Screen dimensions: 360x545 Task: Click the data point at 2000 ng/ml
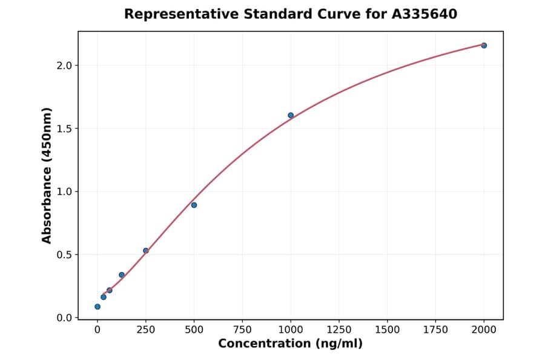[484, 45]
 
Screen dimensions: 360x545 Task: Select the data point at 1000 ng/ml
[291, 115]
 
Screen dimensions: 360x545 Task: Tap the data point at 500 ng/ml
[194, 205]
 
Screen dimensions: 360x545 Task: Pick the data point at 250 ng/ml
[145, 250]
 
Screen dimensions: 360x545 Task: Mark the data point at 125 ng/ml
[122, 275]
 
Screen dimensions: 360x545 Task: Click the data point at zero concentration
[97, 307]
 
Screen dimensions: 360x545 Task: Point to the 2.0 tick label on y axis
[64, 65]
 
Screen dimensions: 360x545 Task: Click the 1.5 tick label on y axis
[64, 128]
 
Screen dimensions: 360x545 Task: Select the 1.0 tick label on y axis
[64, 192]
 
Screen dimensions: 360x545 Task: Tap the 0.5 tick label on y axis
[64, 255]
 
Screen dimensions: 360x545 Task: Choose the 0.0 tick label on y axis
[64, 318]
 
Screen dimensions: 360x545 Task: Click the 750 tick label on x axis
[242, 330]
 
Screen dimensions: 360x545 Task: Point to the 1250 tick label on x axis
[339, 330]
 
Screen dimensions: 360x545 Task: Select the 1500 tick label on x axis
[387, 330]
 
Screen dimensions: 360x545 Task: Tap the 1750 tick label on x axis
[435, 330]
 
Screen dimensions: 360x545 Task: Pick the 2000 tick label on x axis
[484, 330]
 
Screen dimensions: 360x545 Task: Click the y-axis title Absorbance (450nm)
[47, 175]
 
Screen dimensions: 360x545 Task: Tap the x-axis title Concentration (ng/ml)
[290, 344]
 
